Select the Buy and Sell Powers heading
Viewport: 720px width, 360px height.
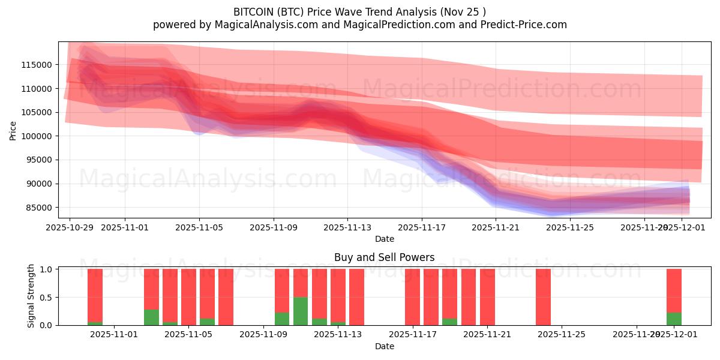[x=384, y=257]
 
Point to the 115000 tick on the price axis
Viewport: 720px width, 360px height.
[x=39, y=65]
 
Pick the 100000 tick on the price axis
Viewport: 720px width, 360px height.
[x=39, y=136]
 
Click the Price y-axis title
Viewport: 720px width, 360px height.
[x=13, y=130]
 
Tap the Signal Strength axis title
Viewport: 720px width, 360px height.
[x=31, y=296]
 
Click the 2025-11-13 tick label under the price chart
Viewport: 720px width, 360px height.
[x=347, y=227]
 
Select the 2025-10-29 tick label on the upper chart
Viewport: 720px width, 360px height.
[x=70, y=227]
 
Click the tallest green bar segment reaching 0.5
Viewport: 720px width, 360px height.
[x=301, y=311]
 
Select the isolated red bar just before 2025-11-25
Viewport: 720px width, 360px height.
[x=543, y=297]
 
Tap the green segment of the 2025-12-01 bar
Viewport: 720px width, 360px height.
[x=674, y=319]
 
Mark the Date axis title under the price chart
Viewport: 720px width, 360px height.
[x=385, y=239]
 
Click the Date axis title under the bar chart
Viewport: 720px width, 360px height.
[x=385, y=346]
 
